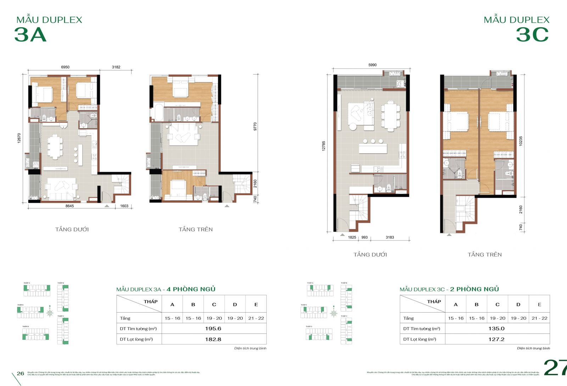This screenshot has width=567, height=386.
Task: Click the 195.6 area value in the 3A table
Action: tap(213, 329)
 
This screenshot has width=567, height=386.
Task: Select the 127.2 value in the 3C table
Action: tap(496, 339)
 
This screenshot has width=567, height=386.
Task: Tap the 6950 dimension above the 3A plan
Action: tap(65, 67)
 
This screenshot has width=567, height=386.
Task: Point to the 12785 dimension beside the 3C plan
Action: tap(324, 146)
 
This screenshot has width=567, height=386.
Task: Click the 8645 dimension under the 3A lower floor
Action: tap(69, 206)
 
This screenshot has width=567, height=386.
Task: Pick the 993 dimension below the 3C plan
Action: tap(365, 237)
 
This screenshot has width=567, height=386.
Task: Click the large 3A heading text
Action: tap(30, 35)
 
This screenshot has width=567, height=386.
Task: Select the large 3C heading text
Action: tap(532, 35)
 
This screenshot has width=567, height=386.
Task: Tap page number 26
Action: tap(21, 373)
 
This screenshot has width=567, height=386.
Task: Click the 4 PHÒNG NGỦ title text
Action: tap(191, 289)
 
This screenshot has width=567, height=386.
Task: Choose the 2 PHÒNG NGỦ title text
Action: tap(475, 289)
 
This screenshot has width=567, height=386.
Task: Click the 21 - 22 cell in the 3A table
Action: tap(256, 318)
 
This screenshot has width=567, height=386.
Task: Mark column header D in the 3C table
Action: tap(518, 304)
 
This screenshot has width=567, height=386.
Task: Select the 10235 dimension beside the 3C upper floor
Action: tap(521, 141)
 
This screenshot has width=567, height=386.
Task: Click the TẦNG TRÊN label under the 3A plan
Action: tap(196, 230)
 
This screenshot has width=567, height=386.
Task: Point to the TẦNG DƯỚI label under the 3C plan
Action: tap(370, 255)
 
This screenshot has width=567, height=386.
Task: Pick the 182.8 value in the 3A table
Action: tap(213, 339)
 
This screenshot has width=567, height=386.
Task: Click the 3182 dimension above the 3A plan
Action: tap(116, 67)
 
